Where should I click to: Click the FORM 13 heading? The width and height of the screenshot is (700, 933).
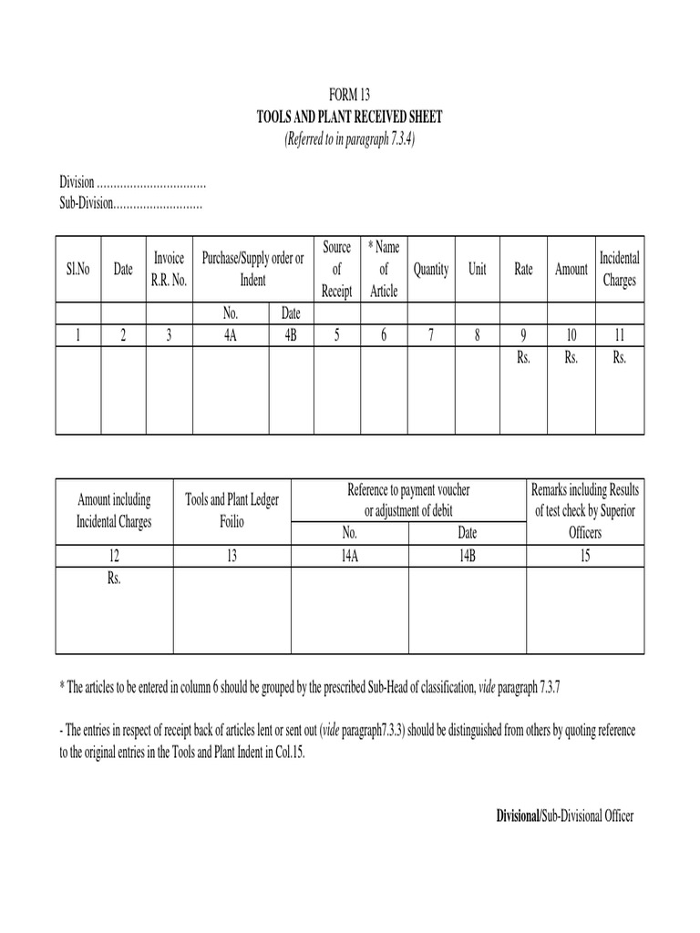(350, 95)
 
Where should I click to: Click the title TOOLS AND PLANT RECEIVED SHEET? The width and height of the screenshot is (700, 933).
(350, 118)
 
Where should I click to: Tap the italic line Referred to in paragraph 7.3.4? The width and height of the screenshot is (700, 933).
(350, 139)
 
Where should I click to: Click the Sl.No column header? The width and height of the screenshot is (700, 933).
(77, 270)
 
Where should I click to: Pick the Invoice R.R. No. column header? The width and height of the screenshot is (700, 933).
(169, 270)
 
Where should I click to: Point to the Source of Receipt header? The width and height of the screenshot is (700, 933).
(336, 270)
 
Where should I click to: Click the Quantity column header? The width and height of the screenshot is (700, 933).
(430, 270)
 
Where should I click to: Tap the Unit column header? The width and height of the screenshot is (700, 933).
(478, 270)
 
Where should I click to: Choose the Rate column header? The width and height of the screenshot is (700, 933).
(524, 270)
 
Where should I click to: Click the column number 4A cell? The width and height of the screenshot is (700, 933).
(231, 335)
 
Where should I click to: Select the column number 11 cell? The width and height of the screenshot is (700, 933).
(619, 335)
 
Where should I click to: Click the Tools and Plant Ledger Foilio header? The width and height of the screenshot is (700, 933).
(232, 511)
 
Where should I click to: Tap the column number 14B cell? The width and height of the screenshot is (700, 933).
(468, 555)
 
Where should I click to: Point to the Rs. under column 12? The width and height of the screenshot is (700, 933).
(115, 577)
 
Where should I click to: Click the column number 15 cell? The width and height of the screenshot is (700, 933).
(585, 555)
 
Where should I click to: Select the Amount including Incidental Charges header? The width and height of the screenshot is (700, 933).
(115, 511)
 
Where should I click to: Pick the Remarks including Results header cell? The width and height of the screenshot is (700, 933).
(585, 511)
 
